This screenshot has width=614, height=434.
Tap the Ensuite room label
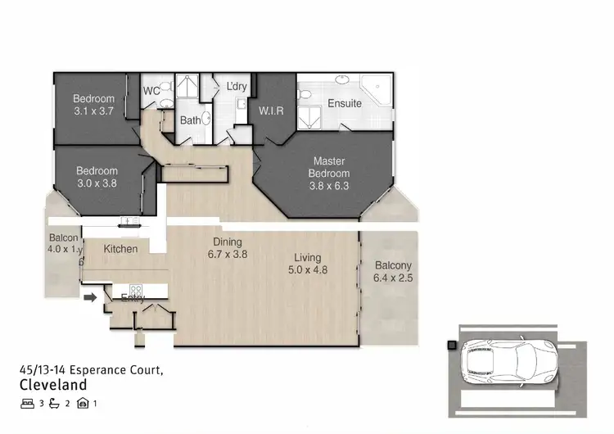click(x=345, y=104)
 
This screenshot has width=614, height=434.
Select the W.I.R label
click(x=271, y=111)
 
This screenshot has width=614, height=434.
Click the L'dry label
click(x=237, y=87)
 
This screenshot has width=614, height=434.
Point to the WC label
click(x=151, y=91)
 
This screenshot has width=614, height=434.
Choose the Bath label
click(x=191, y=120)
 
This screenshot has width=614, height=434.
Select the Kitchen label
click(x=120, y=248)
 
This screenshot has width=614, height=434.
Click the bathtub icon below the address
click(x=56, y=403)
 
